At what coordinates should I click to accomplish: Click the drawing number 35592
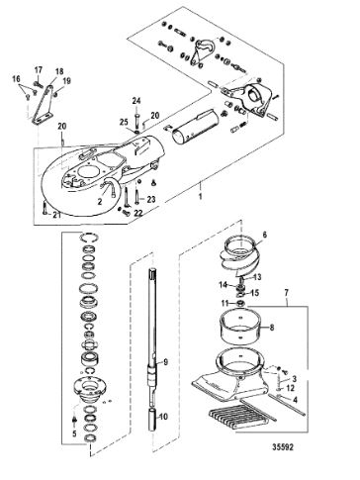tap(284, 446)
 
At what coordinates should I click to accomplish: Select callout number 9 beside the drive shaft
tap(165, 362)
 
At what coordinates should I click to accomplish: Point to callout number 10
tap(163, 417)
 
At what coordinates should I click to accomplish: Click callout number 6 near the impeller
tap(264, 235)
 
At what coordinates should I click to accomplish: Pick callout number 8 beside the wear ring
tap(272, 328)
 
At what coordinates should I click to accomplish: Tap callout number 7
tap(286, 292)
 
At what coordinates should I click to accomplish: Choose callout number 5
tap(74, 433)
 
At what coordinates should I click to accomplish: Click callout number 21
tap(57, 215)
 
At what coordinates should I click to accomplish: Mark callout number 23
tap(150, 199)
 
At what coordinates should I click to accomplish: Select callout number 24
tap(136, 100)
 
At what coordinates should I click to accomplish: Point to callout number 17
tap(39, 69)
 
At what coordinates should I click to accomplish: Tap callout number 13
tap(257, 277)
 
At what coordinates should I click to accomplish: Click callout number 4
tap(295, 400)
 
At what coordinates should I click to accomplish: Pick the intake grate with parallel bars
tap(242, 418)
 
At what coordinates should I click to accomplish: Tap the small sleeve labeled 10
tap(153, 420)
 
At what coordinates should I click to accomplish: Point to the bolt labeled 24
tap(136, 122)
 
